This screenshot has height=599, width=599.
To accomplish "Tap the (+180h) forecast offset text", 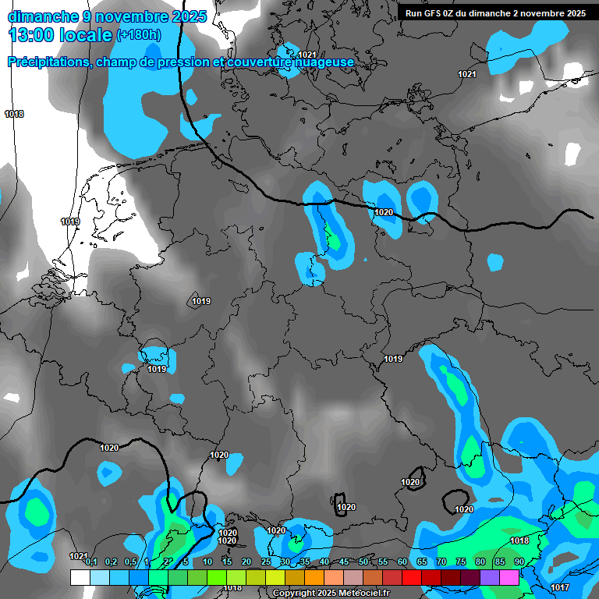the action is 139,34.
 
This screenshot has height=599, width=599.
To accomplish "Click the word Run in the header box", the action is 415,13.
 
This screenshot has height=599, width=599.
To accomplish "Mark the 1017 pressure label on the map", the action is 559,587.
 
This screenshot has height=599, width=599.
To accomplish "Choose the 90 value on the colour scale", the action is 519,562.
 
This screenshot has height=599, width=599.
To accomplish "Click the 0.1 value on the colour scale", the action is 91,562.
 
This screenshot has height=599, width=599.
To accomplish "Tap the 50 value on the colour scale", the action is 363,562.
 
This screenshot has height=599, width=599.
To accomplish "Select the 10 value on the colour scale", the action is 207,562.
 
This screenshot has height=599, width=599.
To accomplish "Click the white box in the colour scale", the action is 80,577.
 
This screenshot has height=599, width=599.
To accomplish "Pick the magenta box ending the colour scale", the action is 509,577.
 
